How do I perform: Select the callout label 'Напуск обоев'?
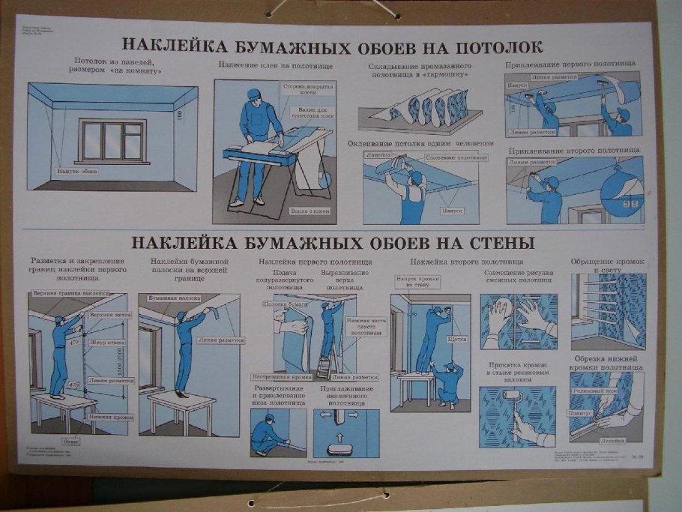click(78, 171)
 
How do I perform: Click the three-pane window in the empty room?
click(112, 140)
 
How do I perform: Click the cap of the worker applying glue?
click(253, 94)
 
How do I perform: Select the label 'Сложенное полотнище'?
click(452, 158)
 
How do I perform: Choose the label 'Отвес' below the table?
click(72, 441)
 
